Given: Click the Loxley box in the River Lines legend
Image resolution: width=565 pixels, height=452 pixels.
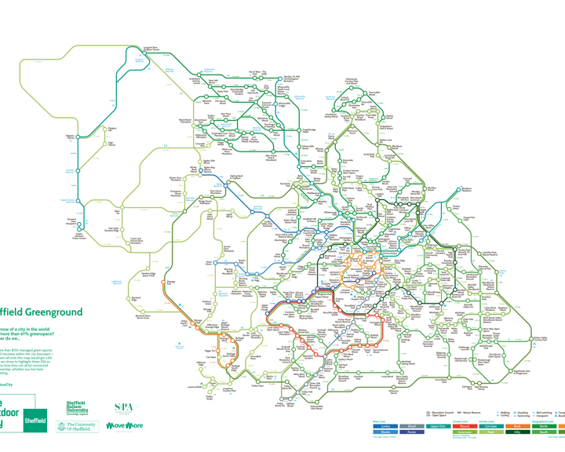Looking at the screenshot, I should [x=385, y=426].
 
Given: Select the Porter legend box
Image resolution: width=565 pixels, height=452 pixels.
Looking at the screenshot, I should [x=413, y=432].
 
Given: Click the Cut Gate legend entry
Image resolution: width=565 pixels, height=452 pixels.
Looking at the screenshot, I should [x=492, y=426].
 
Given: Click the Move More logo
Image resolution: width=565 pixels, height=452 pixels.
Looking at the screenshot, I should [x=124, y=426].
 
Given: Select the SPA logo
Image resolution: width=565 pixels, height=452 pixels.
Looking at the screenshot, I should [x=124, y=408].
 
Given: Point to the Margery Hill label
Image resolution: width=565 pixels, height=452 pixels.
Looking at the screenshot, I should [x=112, y=129].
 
